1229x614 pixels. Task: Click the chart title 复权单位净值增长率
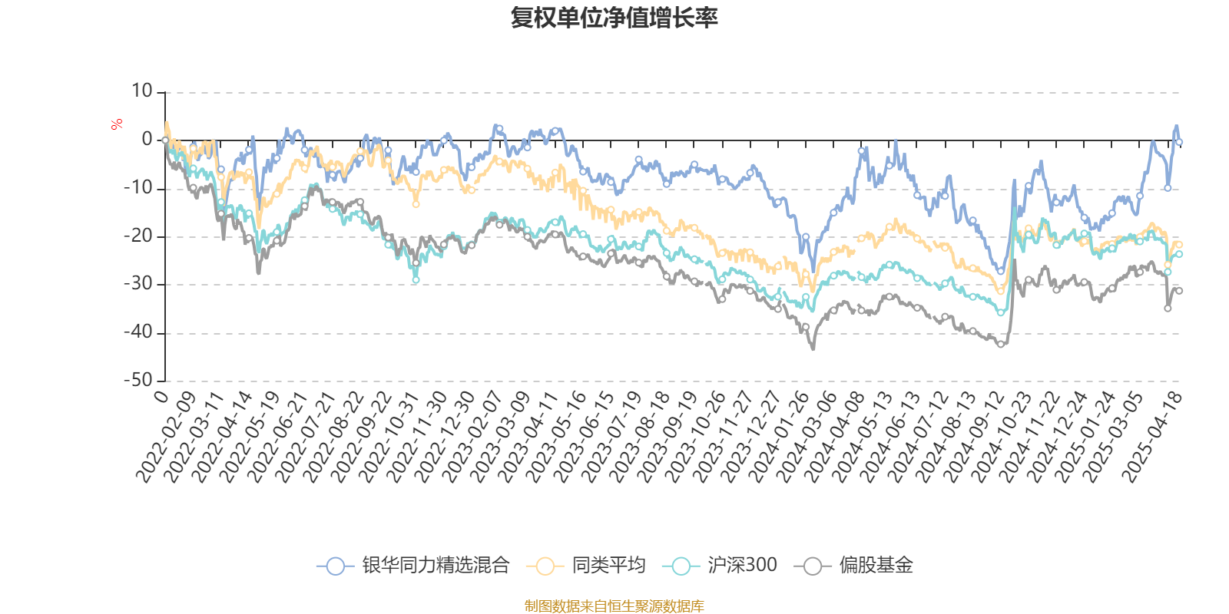click(x=614, y=18)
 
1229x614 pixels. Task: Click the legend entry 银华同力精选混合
click(x=436, y=566)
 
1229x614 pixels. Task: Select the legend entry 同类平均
click(x=608, y=566)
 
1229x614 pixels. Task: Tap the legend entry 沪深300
click(x=741, y=566)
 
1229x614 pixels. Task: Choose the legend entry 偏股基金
click(x=876, y=566)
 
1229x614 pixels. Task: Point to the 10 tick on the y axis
click(x=141, y=91)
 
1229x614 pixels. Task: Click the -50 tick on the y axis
click(x=138, y=380)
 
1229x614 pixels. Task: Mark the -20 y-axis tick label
click(x=138, y=236)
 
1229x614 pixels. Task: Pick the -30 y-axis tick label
click(x=138, y=284)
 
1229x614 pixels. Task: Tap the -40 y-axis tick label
click(x=138, y=332)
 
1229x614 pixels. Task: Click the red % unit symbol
click(x=117, y=124)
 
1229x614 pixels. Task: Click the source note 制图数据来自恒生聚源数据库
click(x=614, y=606)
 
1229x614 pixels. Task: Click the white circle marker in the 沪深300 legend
click(x=681, y=566)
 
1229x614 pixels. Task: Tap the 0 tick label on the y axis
click(x=147, y=140)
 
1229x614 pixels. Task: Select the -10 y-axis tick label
click(x=138, y=188)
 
